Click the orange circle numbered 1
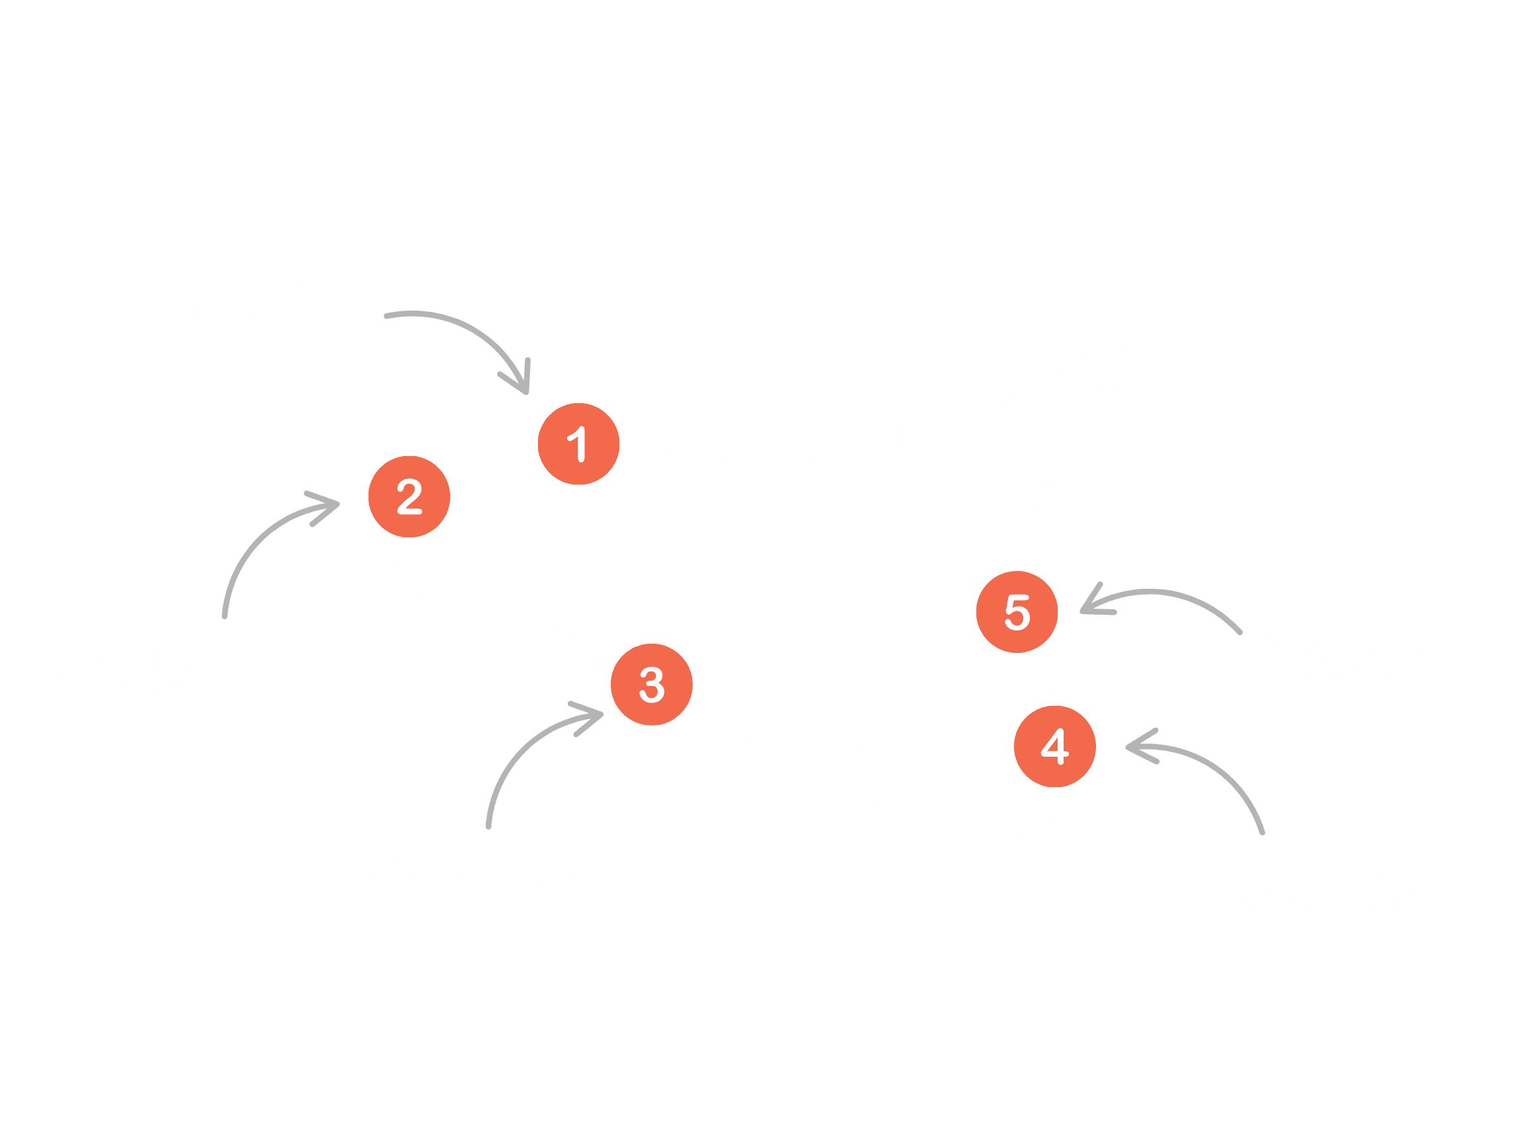(578, 444)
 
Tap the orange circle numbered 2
(409, 496)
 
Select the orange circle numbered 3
(651, 684)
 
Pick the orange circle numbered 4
(1055, 746)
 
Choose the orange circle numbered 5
(1017, 612)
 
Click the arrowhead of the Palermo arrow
(525, 387)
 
